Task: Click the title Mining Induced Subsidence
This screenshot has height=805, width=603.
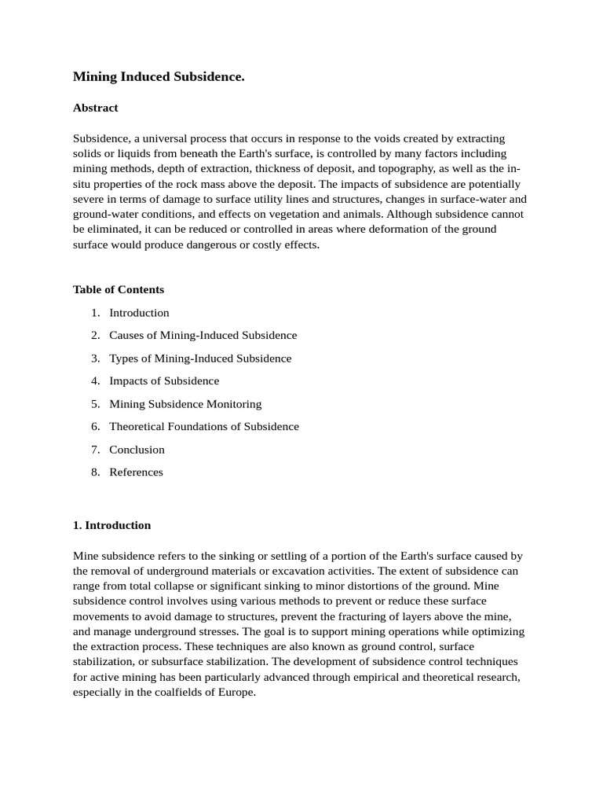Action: [159, 76]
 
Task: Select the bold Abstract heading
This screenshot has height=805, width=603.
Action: [95, 108]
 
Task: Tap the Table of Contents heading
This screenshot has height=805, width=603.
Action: [119, 289]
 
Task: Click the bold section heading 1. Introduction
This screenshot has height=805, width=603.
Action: [111, 525]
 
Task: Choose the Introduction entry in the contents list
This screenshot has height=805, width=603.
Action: [139, 313]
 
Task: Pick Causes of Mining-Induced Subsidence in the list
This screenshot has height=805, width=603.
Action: [203, 336]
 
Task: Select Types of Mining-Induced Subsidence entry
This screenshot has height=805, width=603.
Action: [200, 358]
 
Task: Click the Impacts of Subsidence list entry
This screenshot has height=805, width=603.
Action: [164, 381]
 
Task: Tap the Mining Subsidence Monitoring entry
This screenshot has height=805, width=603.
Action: [185, 404]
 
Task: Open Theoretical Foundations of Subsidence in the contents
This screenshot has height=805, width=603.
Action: [204, 427]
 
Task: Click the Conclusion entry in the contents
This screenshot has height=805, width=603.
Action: [137, 450]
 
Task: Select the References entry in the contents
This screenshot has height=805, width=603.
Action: [136, 472]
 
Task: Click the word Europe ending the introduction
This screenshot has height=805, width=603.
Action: [237, 693]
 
